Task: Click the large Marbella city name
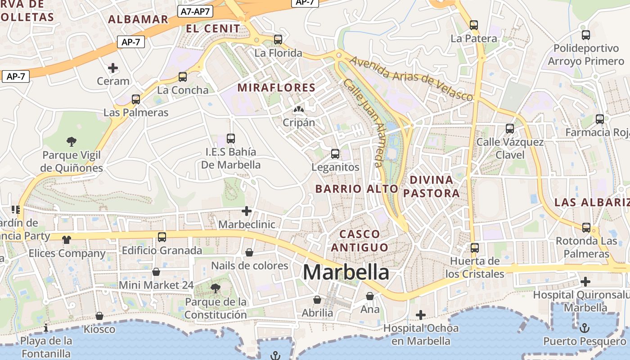[x=346, y=272]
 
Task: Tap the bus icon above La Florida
[x=278, y=40]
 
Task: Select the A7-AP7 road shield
[x=195, y=12]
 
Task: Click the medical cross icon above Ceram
[x=113, y=68]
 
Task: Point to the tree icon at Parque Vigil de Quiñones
[x=71, y=142]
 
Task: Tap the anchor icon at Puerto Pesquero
[x=584, y=328]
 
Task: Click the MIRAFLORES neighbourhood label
[x=276, y=88]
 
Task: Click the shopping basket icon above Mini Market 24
[x=156, y=272]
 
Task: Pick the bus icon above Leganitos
[x=335, y=154]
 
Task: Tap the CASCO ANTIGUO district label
[x=360, y=241]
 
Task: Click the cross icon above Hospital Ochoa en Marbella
[x=421, y=315]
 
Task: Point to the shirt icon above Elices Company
[x=67, y=239]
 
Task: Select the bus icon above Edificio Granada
[x=162, y=237]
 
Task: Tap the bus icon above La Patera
[x=474, y=25]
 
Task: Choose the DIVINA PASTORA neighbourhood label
[x=431, y=187]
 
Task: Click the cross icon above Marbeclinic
[x=247, y=211]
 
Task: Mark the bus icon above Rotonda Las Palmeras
[x=586, y=228]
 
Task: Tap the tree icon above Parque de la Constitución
[x=216, y=288]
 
